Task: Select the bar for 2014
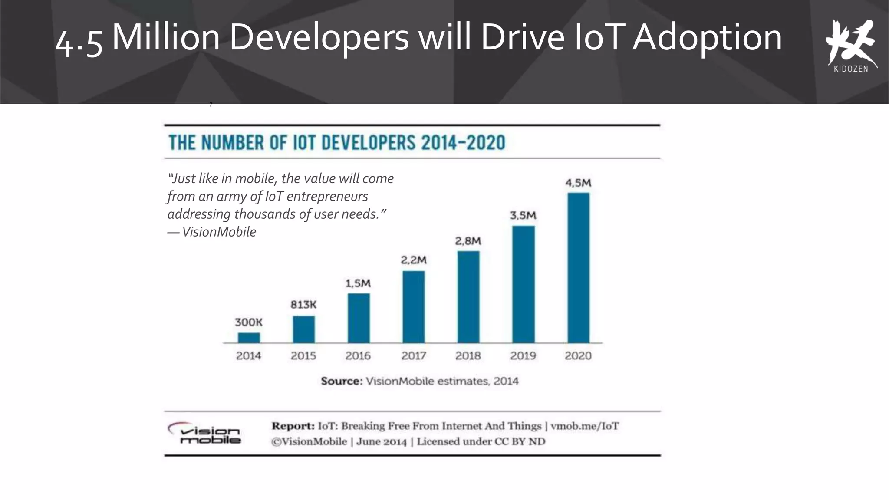pos(249,338)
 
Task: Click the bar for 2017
pos(413,307)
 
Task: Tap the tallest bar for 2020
pos(578,268)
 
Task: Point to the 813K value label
pos(303,305)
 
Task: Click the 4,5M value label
pos(578,183)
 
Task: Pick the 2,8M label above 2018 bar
pos(468,241)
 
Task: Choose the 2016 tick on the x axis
pos(358,356)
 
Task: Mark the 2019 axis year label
pos(523,356)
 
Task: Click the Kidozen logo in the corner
pos(851,46)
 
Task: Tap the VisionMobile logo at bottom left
pos(205,434)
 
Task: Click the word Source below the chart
pos(341,381)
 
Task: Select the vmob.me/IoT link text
pos(584,426)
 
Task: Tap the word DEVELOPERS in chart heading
pos(369,143)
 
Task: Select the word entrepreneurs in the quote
pos(327,196)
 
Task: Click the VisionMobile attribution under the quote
pos(219,232)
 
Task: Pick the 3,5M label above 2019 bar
pos(523,215)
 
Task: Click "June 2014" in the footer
pos(381,442)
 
